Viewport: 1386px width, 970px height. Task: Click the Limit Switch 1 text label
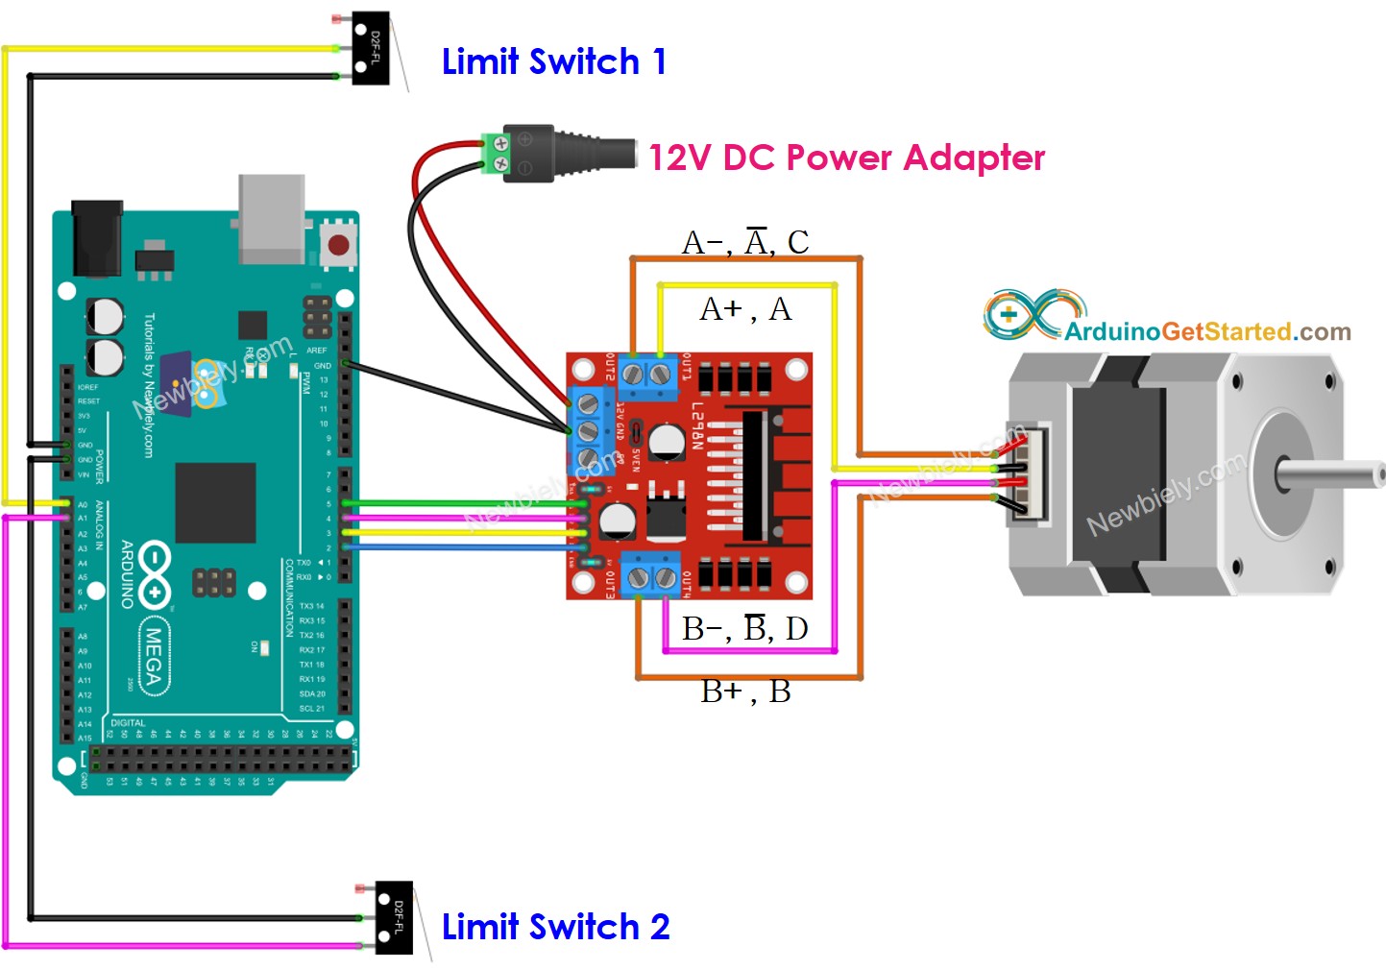(x=553, y=61)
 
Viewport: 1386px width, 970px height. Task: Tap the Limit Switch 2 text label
(x=555, y=927)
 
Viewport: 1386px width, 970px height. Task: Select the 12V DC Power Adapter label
(x=846, y=158)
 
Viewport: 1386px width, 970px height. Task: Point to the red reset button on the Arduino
(x=338, y=245)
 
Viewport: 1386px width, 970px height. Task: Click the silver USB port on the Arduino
(x=272, y=218)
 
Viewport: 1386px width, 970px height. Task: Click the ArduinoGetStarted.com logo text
(x=1206, y=331)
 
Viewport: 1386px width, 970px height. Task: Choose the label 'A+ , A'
(x=745, y=309)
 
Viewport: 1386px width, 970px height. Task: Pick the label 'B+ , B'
(x=745, y=691)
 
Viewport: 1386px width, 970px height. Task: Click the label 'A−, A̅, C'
(x=745, y=242)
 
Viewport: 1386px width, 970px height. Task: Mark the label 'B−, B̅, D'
(x=745, y=629)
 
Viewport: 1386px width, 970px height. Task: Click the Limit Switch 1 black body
(x=371, y=48)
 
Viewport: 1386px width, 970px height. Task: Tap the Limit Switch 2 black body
(x=394, y=917)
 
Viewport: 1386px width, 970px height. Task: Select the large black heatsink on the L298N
(x=755, y=475)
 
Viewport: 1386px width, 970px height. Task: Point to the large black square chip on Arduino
(x=215, y=502)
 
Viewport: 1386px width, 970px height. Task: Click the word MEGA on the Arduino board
(x=153, y=655)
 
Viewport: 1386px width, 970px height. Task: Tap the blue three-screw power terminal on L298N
(x=588, y=429)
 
